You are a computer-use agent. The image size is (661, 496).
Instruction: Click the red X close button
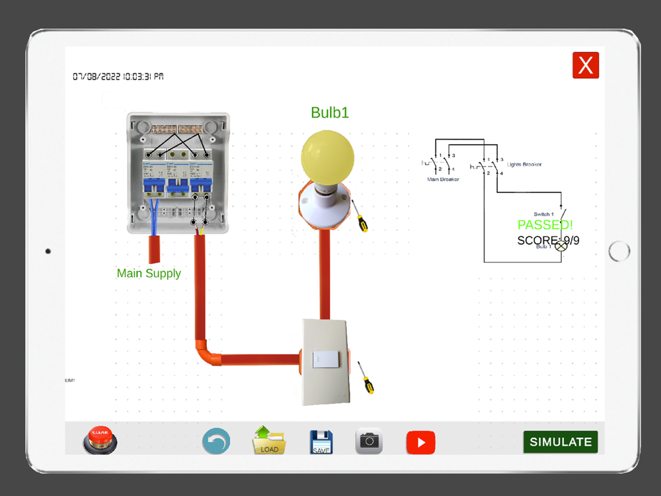(x=586, y=65)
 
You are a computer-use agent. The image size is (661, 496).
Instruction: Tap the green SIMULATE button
(x=561, y=442)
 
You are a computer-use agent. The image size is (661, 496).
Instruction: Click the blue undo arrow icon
(x=216, y=441)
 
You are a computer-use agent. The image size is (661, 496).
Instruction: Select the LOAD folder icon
(x=269, y=441)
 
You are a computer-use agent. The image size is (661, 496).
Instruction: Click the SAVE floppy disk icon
(x=322, y=442)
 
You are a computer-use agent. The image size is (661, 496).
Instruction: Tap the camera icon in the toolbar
(x=369, y=441)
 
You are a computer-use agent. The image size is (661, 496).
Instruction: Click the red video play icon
(x=421, y=442)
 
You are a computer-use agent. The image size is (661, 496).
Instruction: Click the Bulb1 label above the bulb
(x=330, y=112)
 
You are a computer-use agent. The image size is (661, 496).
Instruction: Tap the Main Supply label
(x=149, y=273)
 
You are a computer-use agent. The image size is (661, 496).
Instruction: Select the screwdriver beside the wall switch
(x=364, y=378)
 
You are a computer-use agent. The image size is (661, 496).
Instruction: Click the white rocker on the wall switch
(x=325, y=359)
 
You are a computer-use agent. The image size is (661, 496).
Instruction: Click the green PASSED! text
(x=545, y=225)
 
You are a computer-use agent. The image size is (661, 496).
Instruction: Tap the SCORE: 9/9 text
(x=548, y=240)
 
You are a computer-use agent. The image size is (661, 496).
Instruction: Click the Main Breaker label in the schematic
(x=443, y=179)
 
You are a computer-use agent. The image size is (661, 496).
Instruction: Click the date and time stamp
(x=118, y=77)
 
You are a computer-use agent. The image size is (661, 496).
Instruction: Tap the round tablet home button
(x=619, y=251)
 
